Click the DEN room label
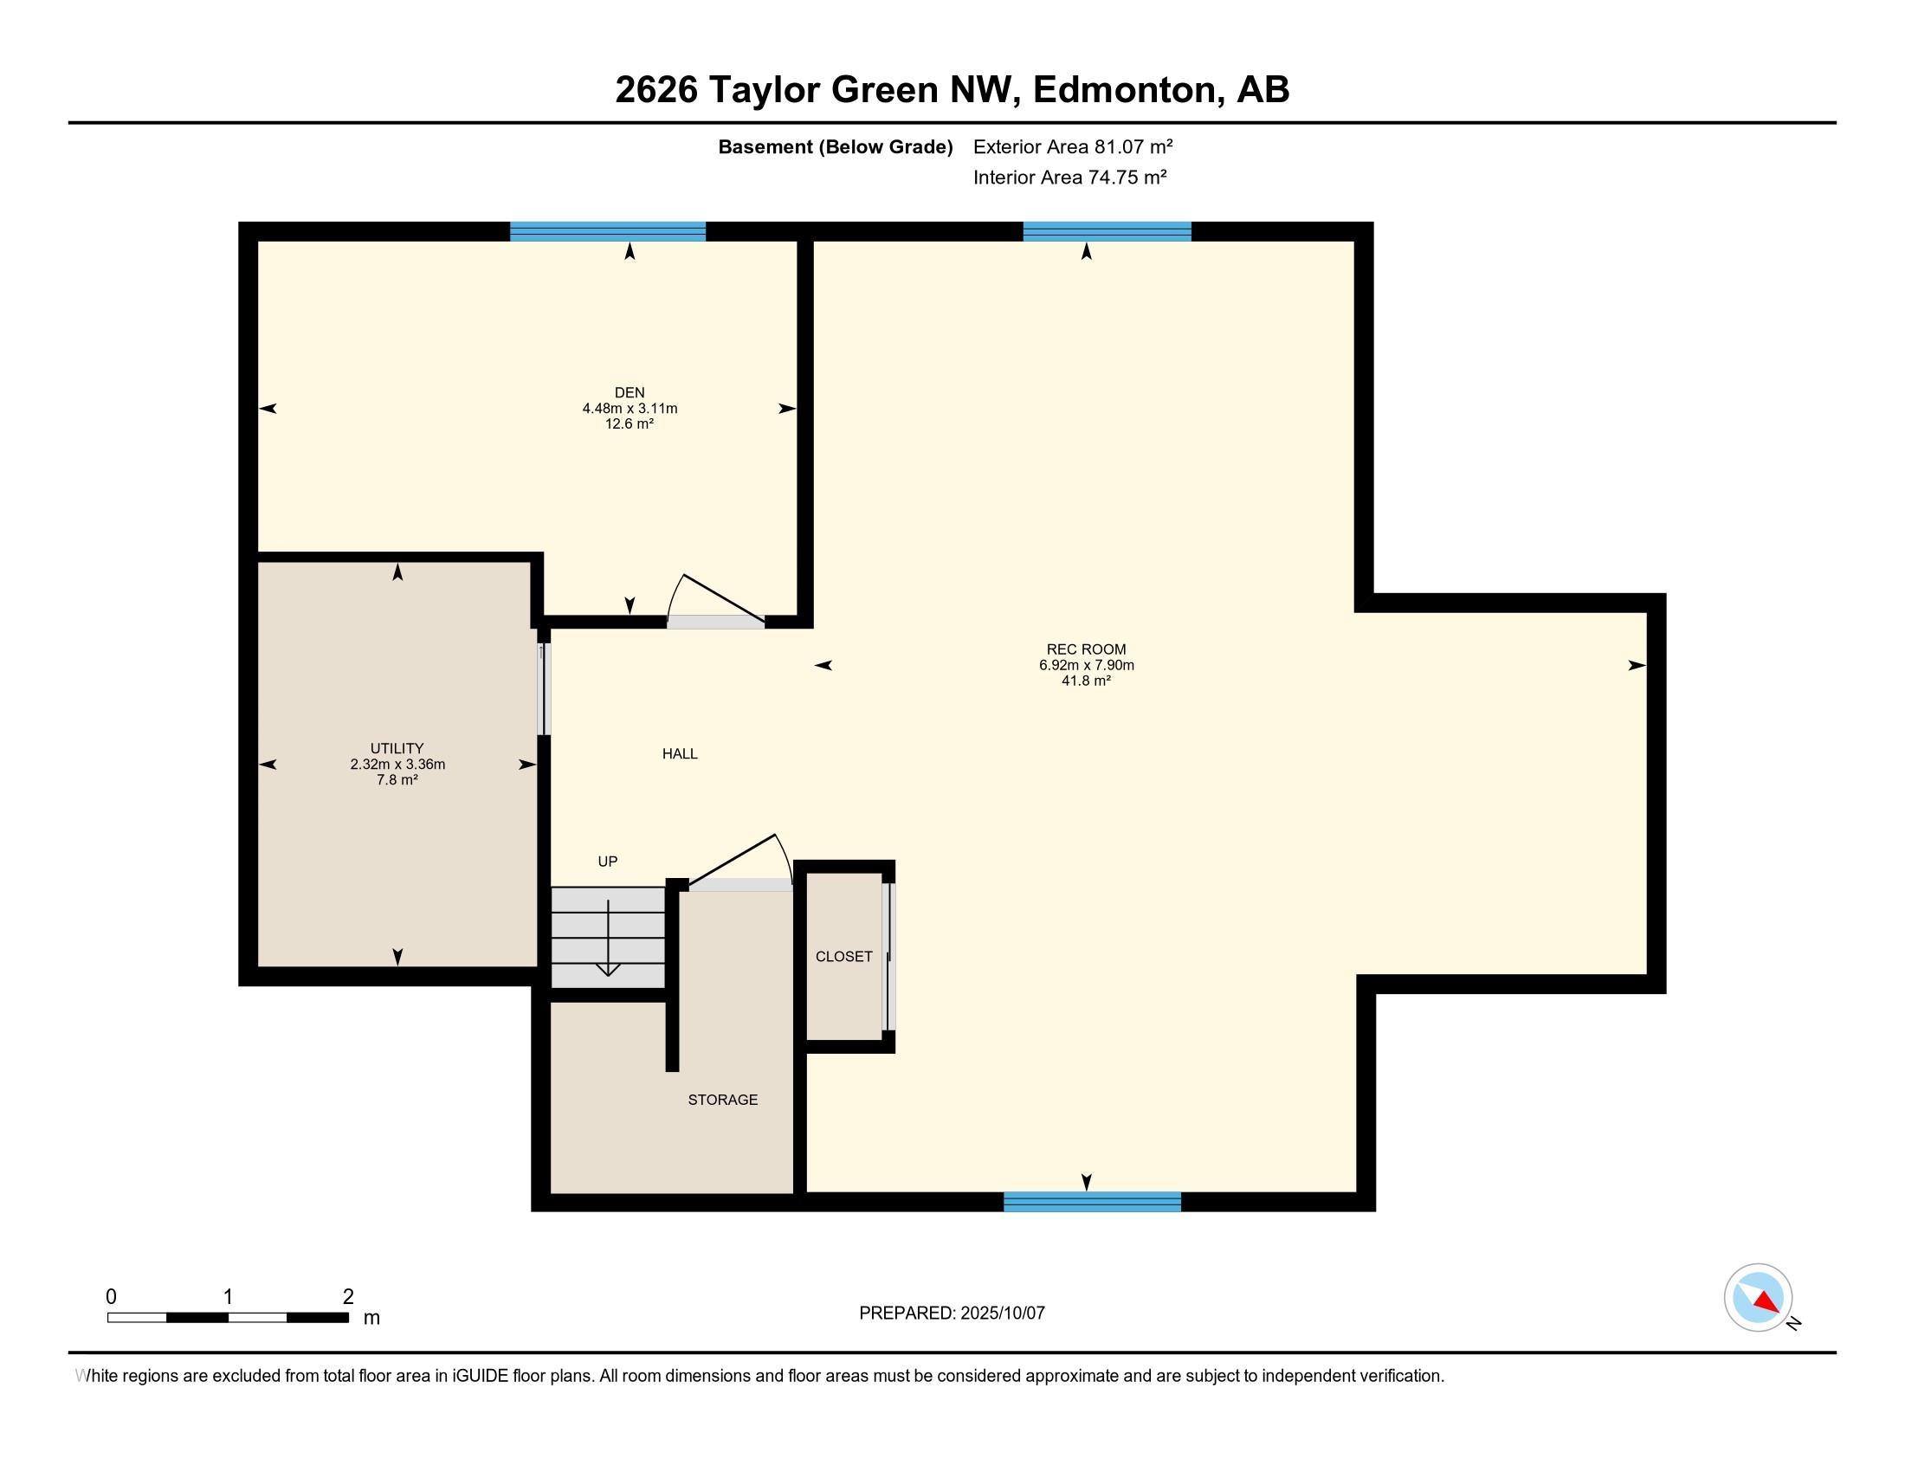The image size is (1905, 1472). coord(629,392)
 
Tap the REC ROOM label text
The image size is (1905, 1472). coord(1086,649)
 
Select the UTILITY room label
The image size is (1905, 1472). coord(397,748)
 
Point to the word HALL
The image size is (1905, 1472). coord(680,753)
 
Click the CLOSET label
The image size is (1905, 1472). coord(843,957)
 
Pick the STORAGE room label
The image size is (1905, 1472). coord(722,1100)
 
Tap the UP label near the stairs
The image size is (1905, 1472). coord(607,862)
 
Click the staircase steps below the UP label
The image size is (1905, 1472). coord(608,938)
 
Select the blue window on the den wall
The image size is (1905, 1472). coord(608,232)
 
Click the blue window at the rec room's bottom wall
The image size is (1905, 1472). coord(1092,1202)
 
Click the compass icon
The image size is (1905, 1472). coord(1758,1297)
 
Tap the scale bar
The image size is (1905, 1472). coord(228,1318)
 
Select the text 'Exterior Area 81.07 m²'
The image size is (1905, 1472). coord(1073,146)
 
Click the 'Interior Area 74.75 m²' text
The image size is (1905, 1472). coord(1070,177)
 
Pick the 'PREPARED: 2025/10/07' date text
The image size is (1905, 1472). coord(952,1313)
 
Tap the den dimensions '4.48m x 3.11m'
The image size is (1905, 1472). coord(630,408)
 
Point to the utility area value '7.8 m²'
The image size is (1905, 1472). coord(397,779)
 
